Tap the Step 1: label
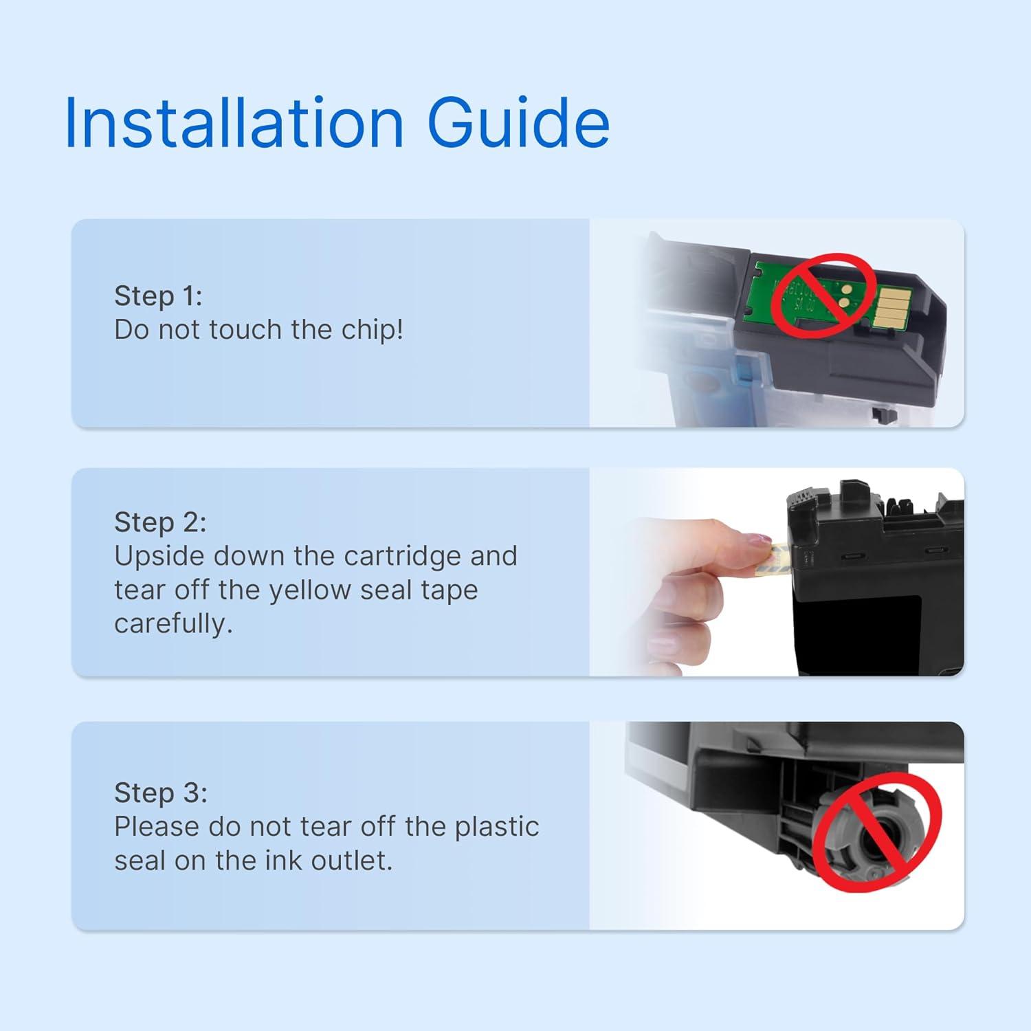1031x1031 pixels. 158,296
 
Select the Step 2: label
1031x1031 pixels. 160,522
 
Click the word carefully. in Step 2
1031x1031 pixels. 173,625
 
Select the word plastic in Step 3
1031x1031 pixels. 497,827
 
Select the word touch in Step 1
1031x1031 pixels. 245,331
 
